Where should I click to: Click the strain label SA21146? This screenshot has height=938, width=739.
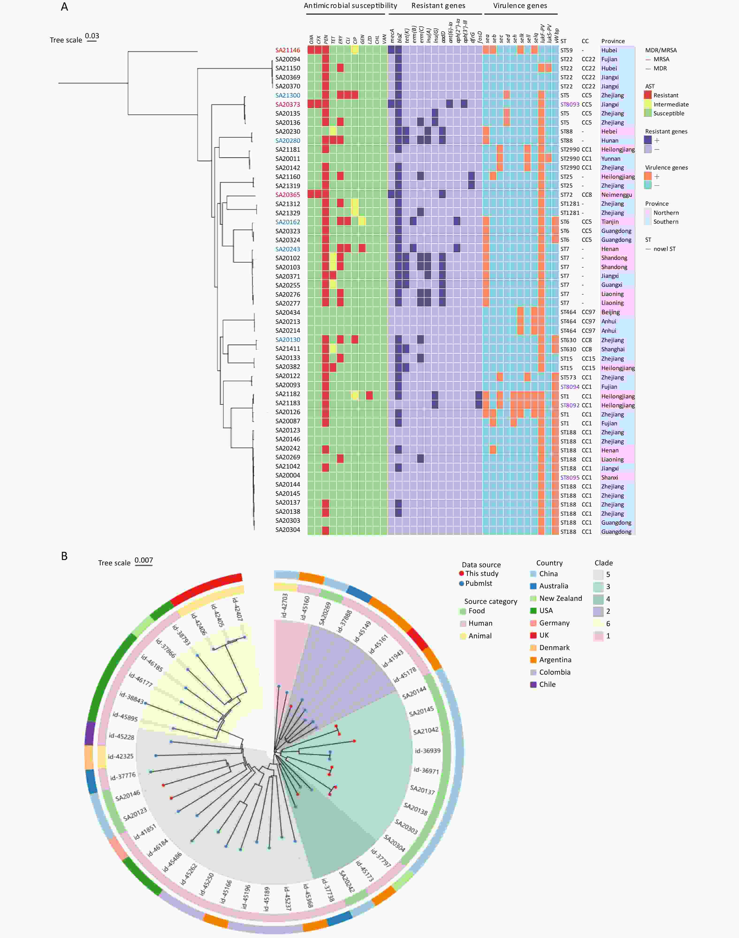tap(287, 50)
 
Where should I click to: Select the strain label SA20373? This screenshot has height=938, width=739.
tap(287, 104)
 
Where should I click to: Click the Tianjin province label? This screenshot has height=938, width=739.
tap(610, 222)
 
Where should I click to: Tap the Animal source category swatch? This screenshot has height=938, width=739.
tap(463, 636)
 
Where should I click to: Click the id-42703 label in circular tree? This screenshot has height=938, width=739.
tap(284, 605)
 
